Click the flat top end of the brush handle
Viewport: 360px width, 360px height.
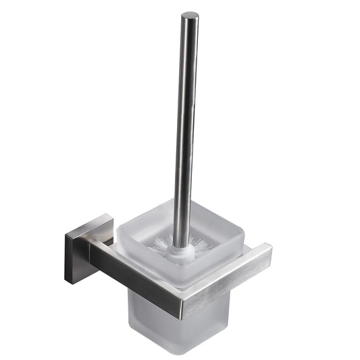[190, 15]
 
